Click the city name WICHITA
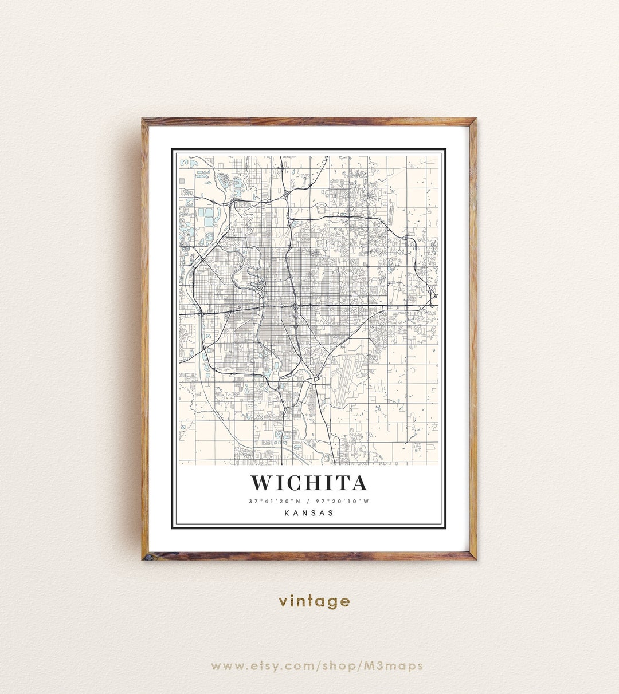pos(308,483)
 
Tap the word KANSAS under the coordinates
pos(308,513)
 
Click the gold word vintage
pos(314,601)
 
